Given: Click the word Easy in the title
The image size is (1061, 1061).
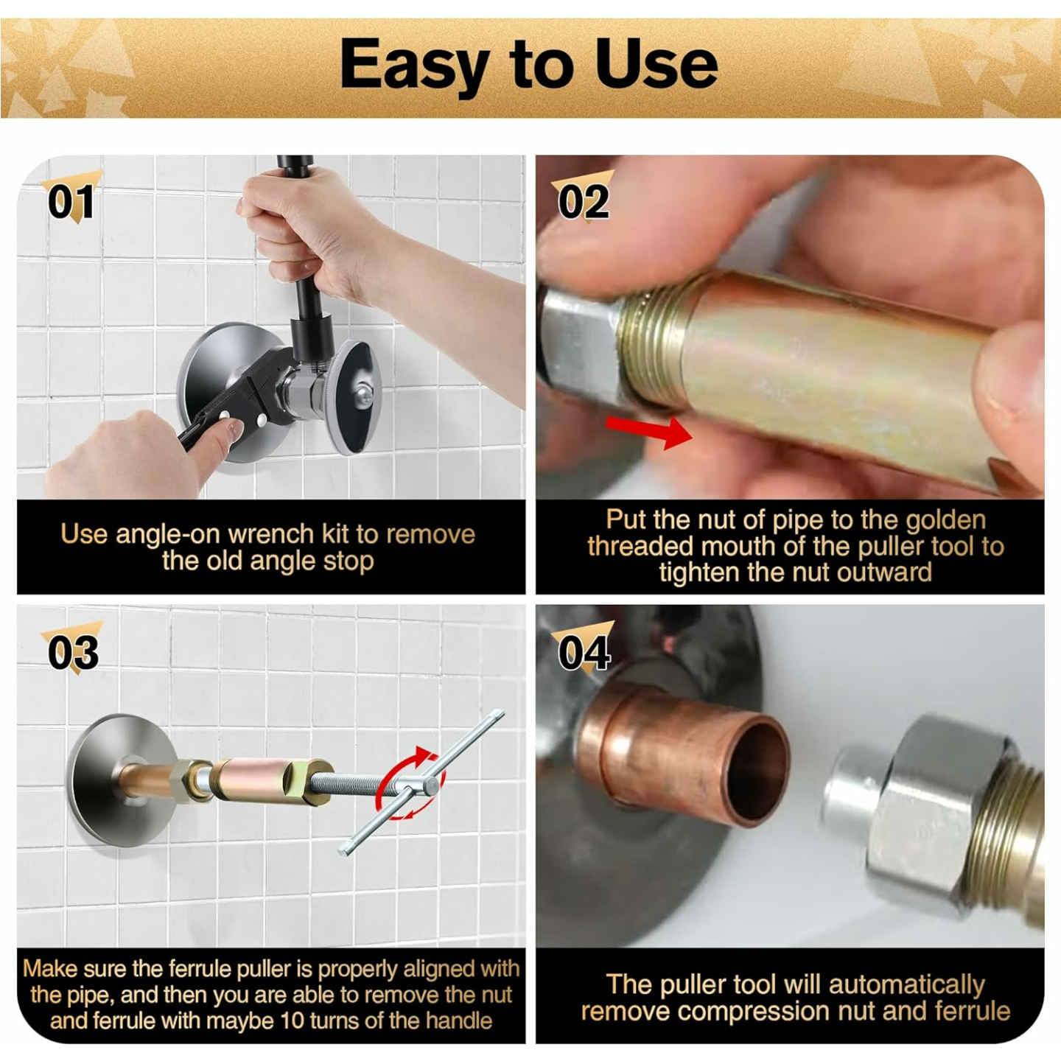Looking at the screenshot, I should click(x=413, y=65).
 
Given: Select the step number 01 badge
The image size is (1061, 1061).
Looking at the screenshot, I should click(x=71, y=201).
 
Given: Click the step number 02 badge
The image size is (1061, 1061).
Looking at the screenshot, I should click(x=584, y=201).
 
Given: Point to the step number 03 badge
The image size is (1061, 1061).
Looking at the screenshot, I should click(x=72, y=652).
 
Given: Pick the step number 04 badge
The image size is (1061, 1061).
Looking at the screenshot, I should click(x=584, y=652).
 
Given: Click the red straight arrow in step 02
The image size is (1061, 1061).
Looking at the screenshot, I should click(x=648, y=430).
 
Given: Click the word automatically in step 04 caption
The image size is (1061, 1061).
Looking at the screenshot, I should click(x=906, y=985).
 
